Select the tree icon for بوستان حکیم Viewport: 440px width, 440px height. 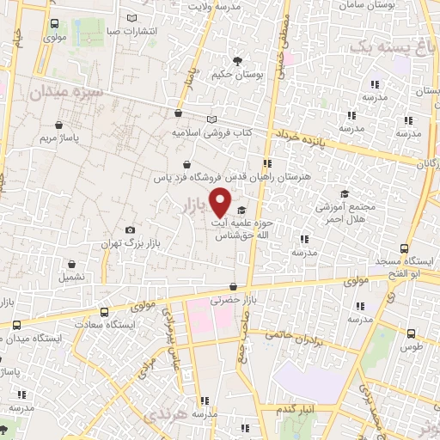click(x=237, y=60)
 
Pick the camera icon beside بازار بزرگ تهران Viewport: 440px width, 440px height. click(x=130, y=229)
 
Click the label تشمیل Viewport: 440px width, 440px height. click(x=71, y=278)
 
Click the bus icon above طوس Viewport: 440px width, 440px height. click(x=411, y=333)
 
